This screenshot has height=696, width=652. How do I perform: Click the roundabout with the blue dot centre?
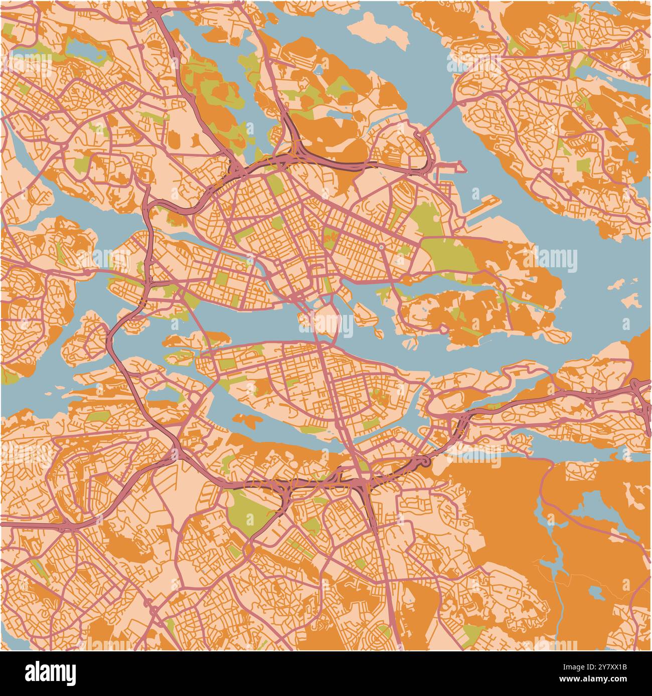382,247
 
